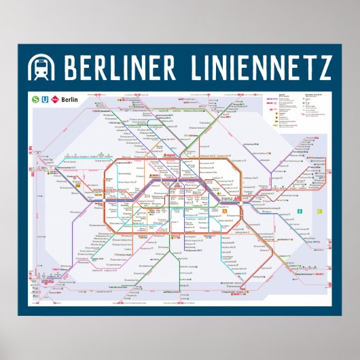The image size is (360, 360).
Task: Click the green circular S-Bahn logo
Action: tap(35, 99)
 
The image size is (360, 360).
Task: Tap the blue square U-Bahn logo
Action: tap(46, 99)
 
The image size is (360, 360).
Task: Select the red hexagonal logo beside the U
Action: tap(55, 99)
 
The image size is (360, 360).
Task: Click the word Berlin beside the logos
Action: tap(70, 100)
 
